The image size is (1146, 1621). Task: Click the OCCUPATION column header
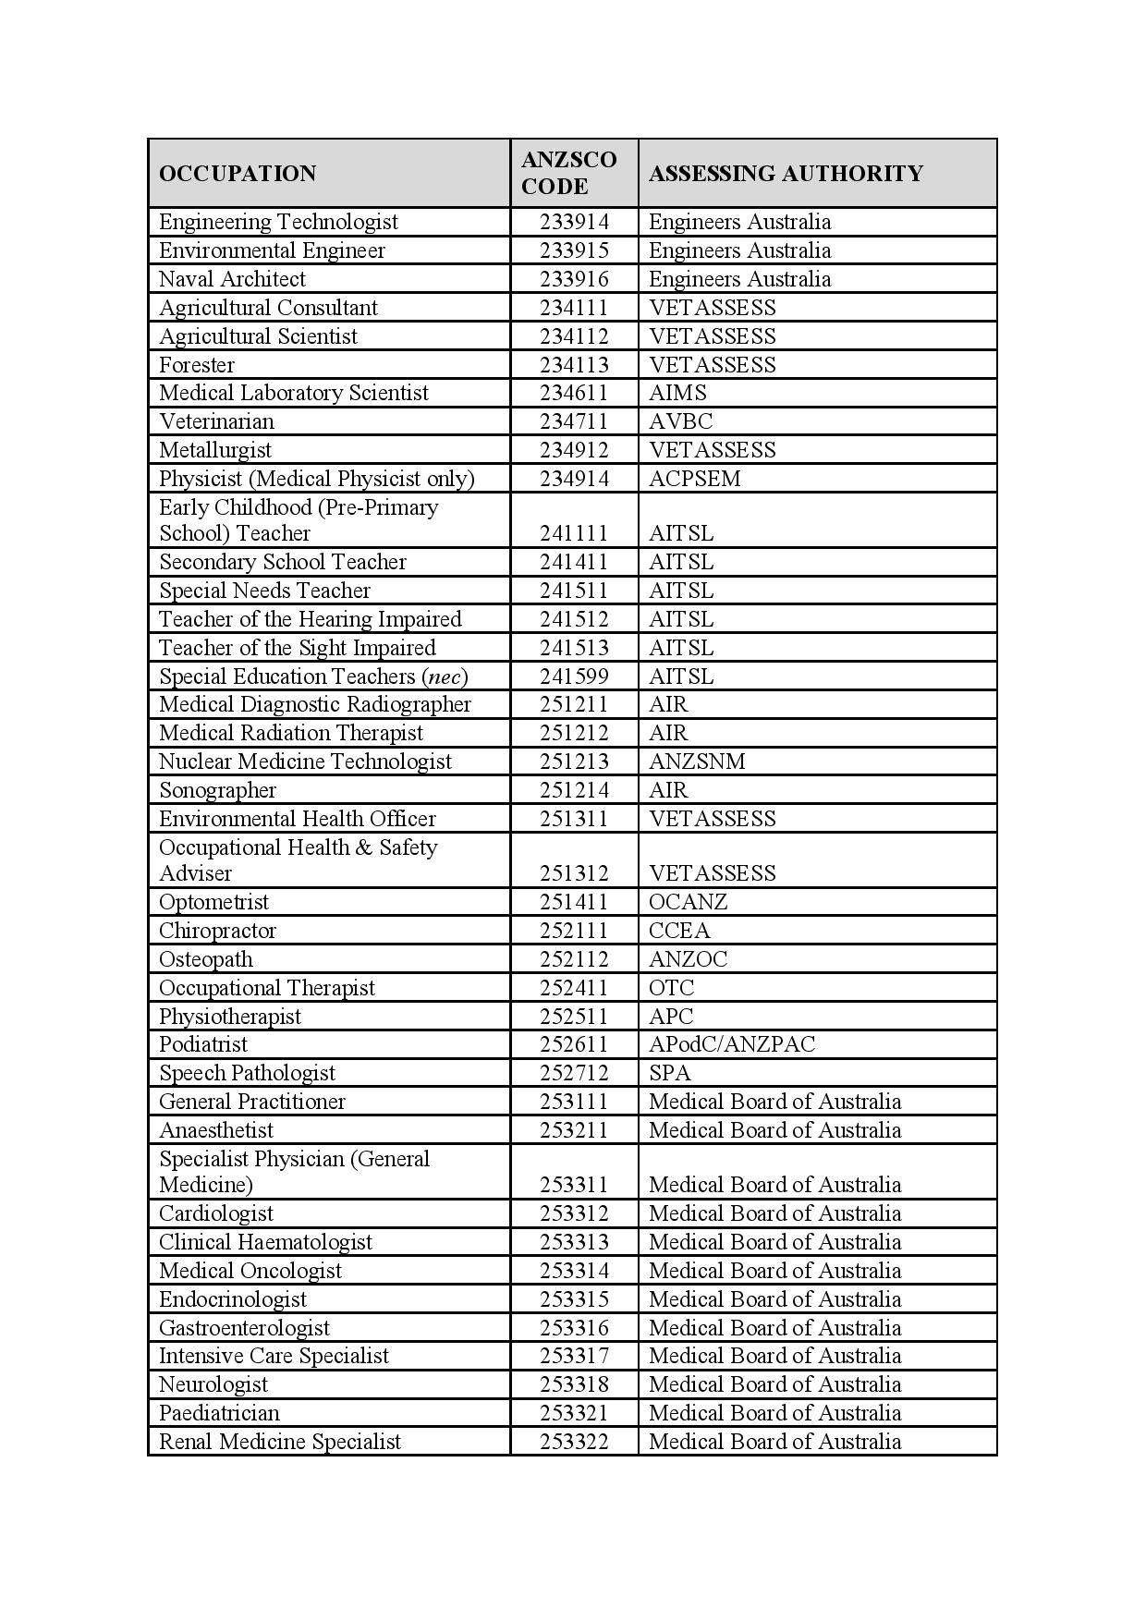238,174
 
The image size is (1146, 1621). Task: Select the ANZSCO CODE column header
568,173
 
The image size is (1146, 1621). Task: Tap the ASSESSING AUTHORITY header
786,174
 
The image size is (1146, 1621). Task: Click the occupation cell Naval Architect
232,279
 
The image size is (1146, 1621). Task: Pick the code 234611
574,393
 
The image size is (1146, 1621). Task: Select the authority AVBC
680,421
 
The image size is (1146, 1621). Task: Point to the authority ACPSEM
694,479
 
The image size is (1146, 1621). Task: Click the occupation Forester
197,365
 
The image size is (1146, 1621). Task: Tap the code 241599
574,676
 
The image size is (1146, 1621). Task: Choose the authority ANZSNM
697,762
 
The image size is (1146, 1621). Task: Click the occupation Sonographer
217,790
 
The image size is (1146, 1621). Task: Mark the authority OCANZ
688,902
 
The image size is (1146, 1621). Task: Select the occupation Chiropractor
217,931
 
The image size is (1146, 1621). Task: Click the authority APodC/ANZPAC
732,1044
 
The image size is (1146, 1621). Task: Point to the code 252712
574,1073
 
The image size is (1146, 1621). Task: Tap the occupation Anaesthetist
216,1130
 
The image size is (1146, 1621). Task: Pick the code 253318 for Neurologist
574,1384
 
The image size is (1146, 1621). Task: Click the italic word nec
445,676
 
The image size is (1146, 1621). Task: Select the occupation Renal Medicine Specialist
280,1442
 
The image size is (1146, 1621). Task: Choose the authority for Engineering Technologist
739,222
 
